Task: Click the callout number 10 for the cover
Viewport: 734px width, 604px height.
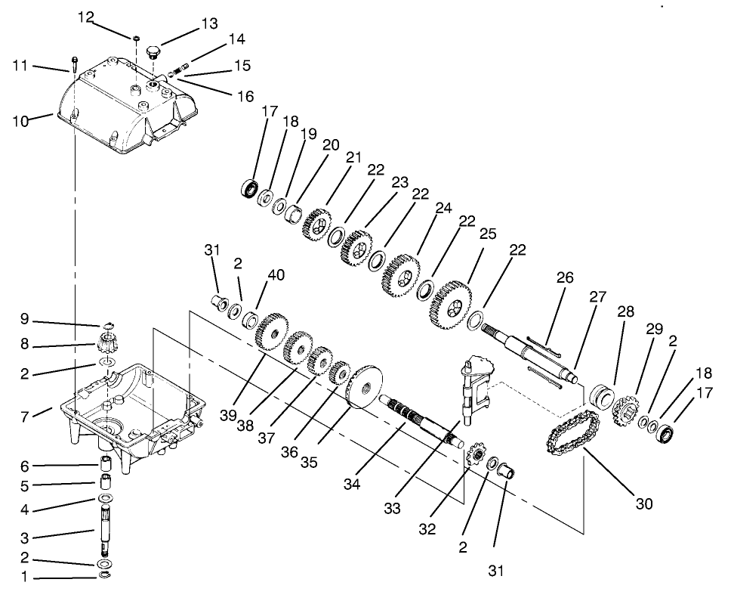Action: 20,119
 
